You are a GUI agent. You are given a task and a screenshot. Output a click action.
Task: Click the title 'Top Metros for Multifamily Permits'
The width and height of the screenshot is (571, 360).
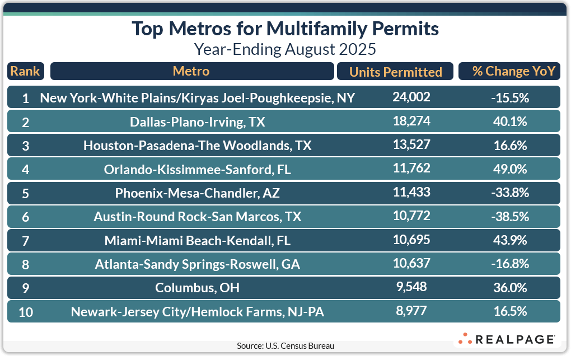(285, 29)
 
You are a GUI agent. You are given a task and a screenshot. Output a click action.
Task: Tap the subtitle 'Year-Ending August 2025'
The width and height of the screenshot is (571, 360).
(285, 49)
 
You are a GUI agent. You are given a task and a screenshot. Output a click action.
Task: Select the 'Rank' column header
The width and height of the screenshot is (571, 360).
(25, 71)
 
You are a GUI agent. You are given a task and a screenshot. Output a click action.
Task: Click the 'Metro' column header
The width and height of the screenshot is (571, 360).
(191, 71)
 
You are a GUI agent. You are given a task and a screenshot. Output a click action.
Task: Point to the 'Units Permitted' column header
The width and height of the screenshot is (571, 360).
(396, 72)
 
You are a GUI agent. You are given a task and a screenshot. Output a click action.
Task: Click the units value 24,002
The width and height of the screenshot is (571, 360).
(411, 97)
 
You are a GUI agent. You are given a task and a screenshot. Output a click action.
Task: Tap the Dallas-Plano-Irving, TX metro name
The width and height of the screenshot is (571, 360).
(198, 122)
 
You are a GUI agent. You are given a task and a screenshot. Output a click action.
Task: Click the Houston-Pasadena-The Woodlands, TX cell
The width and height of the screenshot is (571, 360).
(198, 146)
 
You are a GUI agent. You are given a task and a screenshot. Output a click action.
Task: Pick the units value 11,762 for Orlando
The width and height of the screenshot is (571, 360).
(411, 169)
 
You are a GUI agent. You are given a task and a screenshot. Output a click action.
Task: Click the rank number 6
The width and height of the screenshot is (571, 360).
(26, 217)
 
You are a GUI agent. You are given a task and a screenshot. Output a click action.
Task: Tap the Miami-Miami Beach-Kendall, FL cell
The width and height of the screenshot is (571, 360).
(198, 241)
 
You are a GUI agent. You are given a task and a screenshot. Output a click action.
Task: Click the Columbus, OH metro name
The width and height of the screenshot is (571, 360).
(198, 288)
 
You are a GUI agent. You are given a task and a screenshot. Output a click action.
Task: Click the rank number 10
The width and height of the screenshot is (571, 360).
(26, 312)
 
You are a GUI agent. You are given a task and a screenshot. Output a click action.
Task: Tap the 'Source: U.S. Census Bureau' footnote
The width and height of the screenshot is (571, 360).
(285, 346)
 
